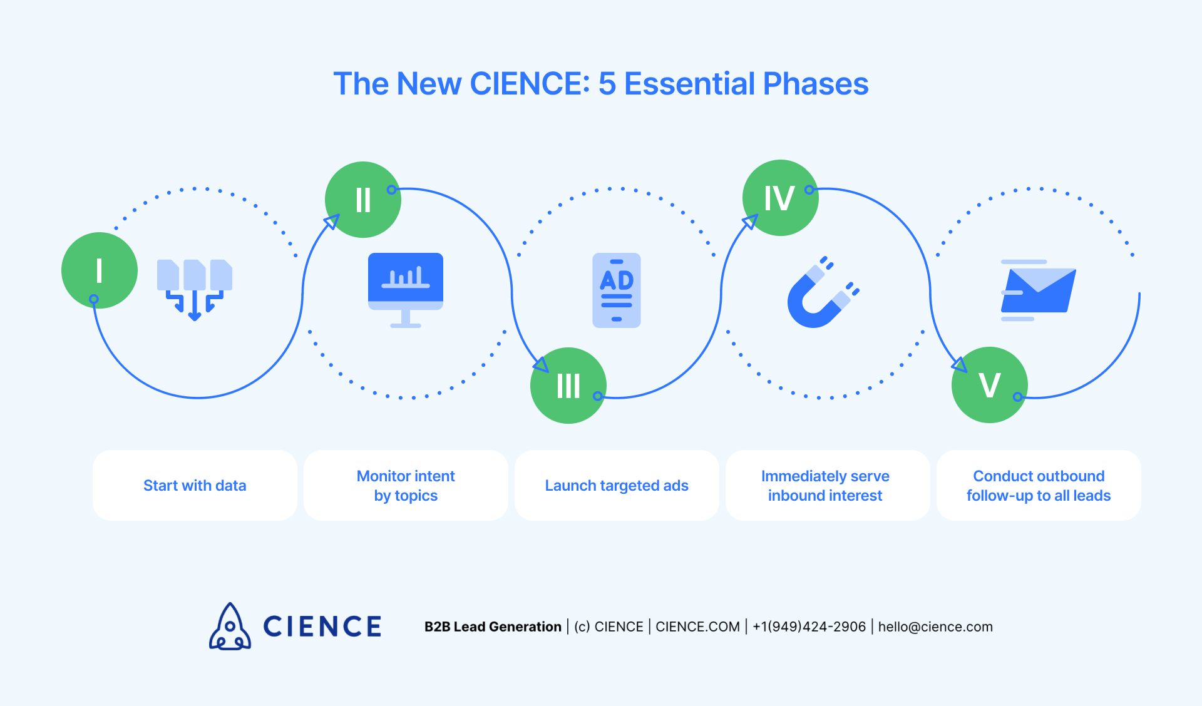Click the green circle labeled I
pyautogui.click(x=100, y=270)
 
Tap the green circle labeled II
pyautogui.click(x=363, y=200)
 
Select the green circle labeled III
pyautogui.click(x=568, y=386)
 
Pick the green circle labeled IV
pyautogui.click(x=780, y=198)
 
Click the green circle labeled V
pyautogui.click(x=989, y=385)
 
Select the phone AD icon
pyautogui.click(x=617, y=290)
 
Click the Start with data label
pyautogui.click(x=195, y=486)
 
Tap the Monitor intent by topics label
pyautogui.click(x=406, y=486)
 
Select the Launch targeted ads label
pyautogui.click(x=617, y=486)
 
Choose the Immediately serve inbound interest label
pyautogui.click(x=825, y=486)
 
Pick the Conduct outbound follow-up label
pyautogui.click(x=1039, y=486)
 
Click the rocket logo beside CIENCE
pyautogui.click(x=230, y=627)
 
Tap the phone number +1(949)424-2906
pyautogui.click(x=809, y=627)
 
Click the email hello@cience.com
pyautogui.click(x=935, y=627)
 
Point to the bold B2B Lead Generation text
pyautogui.click(x=493, y=627)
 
